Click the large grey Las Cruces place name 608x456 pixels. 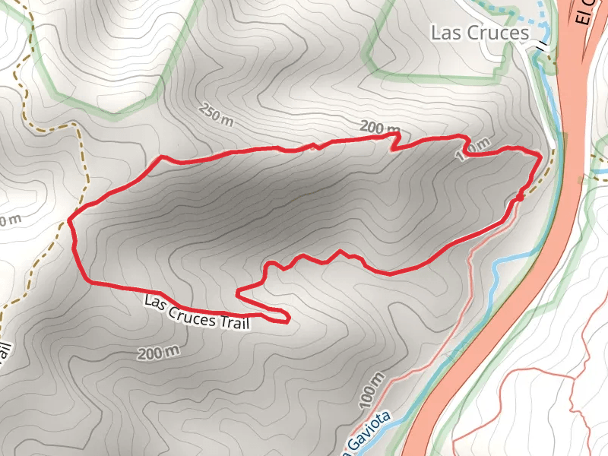click(479, 33)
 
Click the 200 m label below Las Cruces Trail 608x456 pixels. click(159, 352)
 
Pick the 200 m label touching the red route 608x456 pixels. click(379, 128)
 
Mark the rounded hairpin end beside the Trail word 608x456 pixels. click(286, 317)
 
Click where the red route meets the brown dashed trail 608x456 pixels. click(71, 220)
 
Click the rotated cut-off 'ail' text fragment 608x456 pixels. click(6, 356)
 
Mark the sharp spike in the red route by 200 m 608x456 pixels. click(395, 138)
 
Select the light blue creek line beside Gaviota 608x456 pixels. click(426, 372)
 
